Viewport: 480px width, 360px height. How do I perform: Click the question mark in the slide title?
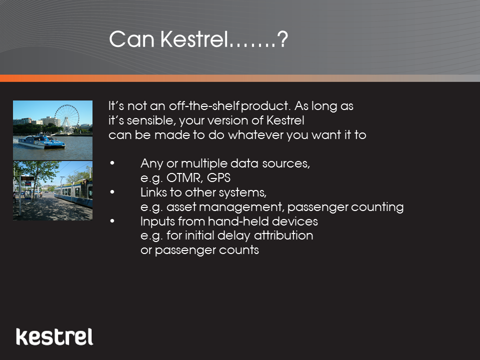point(282,39)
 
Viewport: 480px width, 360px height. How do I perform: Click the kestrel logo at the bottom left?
point(54,336)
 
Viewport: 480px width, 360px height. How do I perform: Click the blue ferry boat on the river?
point(41,142)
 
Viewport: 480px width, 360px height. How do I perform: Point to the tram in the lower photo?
point(73,193)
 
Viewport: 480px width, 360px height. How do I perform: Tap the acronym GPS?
point(218,178)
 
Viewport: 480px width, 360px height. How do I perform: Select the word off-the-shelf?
point(204,106)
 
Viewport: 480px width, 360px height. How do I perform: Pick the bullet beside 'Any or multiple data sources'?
point(112,163)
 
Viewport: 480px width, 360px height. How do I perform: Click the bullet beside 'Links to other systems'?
point(112,192)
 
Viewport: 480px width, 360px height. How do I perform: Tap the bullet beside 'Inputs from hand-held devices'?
point(112,221)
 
